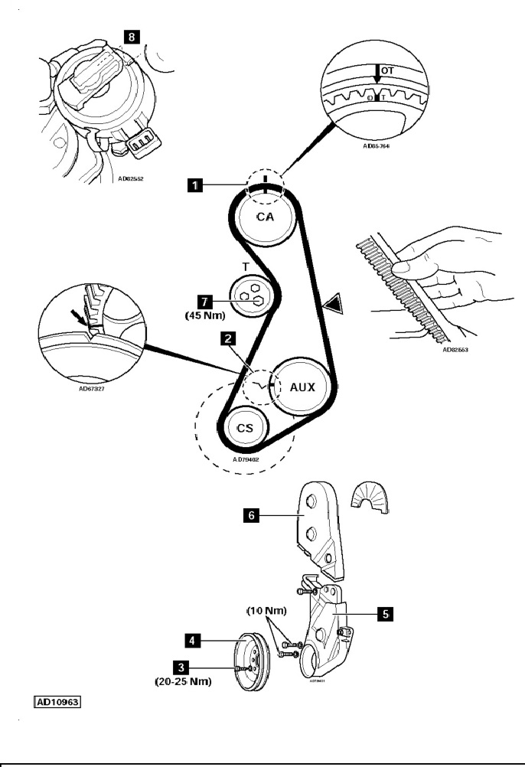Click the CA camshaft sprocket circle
264,217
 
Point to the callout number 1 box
197,184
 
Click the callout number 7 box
204,302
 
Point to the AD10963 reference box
59,700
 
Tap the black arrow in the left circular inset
79,315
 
